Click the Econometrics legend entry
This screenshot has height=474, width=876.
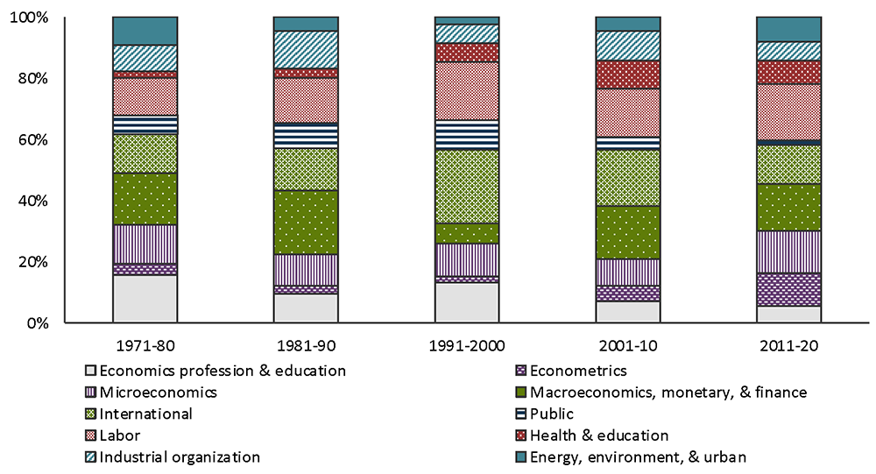tap(583, 371)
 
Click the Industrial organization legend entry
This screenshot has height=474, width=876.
tap(180, 456)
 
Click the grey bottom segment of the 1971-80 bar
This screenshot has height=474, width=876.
tap(145, 299)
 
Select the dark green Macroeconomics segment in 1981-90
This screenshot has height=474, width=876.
tap(306, 223)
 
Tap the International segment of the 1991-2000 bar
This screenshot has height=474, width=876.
tap(467, 186)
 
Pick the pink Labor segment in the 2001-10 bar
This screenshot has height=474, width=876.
tap(627, 113)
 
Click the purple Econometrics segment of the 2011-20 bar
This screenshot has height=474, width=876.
tap(788, 289)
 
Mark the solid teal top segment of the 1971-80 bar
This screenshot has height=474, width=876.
tap(145, 31)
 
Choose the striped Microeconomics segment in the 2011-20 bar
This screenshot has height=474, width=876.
tap(788, 251)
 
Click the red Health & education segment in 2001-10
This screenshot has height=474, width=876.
tap(627, 74)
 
